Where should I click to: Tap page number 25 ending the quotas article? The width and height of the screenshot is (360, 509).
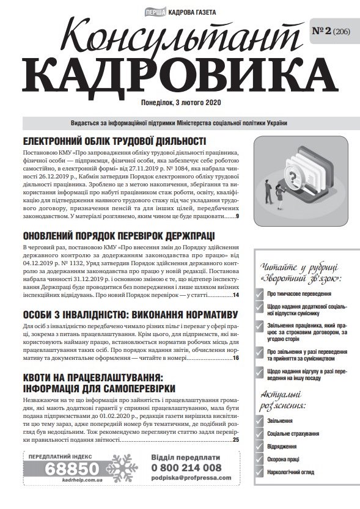[236, 439]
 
